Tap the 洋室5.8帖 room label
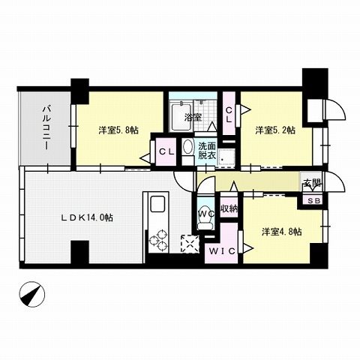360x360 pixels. pos(118,130)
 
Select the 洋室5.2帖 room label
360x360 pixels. pos(274,130)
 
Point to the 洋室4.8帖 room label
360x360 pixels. pos(282,233)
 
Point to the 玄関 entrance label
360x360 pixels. pos(310,184)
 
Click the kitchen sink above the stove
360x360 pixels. pos(158,205)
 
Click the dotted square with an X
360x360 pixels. pos(190,244)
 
